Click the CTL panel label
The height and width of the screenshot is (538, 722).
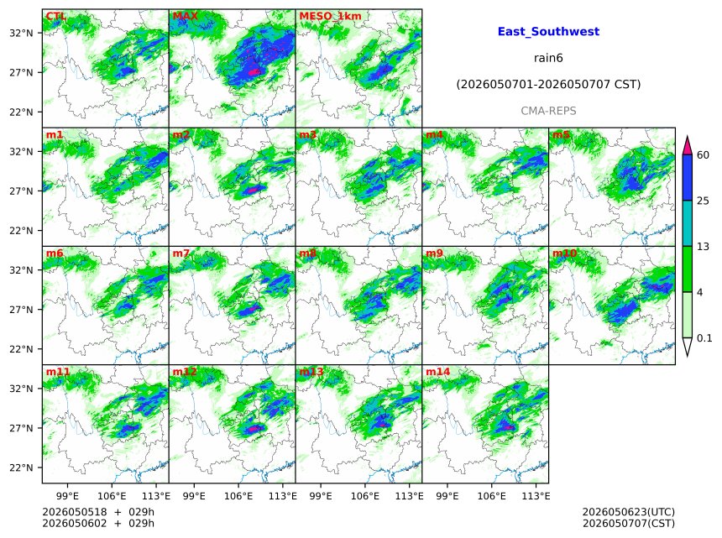[x=55, y=16]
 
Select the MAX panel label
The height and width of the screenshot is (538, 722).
[x=185, y=16]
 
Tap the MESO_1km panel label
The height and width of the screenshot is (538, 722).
[x=330, y=16]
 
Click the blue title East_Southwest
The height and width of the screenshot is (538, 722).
[x=548, y=31]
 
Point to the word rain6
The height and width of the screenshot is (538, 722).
[x=548, y=58]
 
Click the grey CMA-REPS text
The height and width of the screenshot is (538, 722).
[x=548, y=111]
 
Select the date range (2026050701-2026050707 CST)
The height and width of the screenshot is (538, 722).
[x=548, y=84]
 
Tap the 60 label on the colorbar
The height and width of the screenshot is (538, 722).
[x=704, y=154]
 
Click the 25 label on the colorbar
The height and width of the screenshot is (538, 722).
[x=704, y=201]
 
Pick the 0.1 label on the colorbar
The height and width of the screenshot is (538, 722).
[x=704, y=338]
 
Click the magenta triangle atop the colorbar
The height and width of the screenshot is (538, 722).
[x=687, y=146]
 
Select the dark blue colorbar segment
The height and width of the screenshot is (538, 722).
[x=687, y=178]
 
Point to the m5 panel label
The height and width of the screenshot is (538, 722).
[x=561, y=135]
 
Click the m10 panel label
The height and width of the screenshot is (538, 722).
[x=564, y=253]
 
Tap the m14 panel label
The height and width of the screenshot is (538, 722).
[x=438, y=372]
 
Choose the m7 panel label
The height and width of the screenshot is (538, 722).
[x=181, y=253]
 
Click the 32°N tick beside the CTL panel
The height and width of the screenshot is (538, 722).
[x=22, y=33]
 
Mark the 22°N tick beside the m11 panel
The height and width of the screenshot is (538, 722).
[x=22, y=467]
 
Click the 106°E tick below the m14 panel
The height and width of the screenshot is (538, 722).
[x=492, y=496]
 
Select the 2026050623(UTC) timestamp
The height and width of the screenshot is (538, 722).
[x=629, y=512]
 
